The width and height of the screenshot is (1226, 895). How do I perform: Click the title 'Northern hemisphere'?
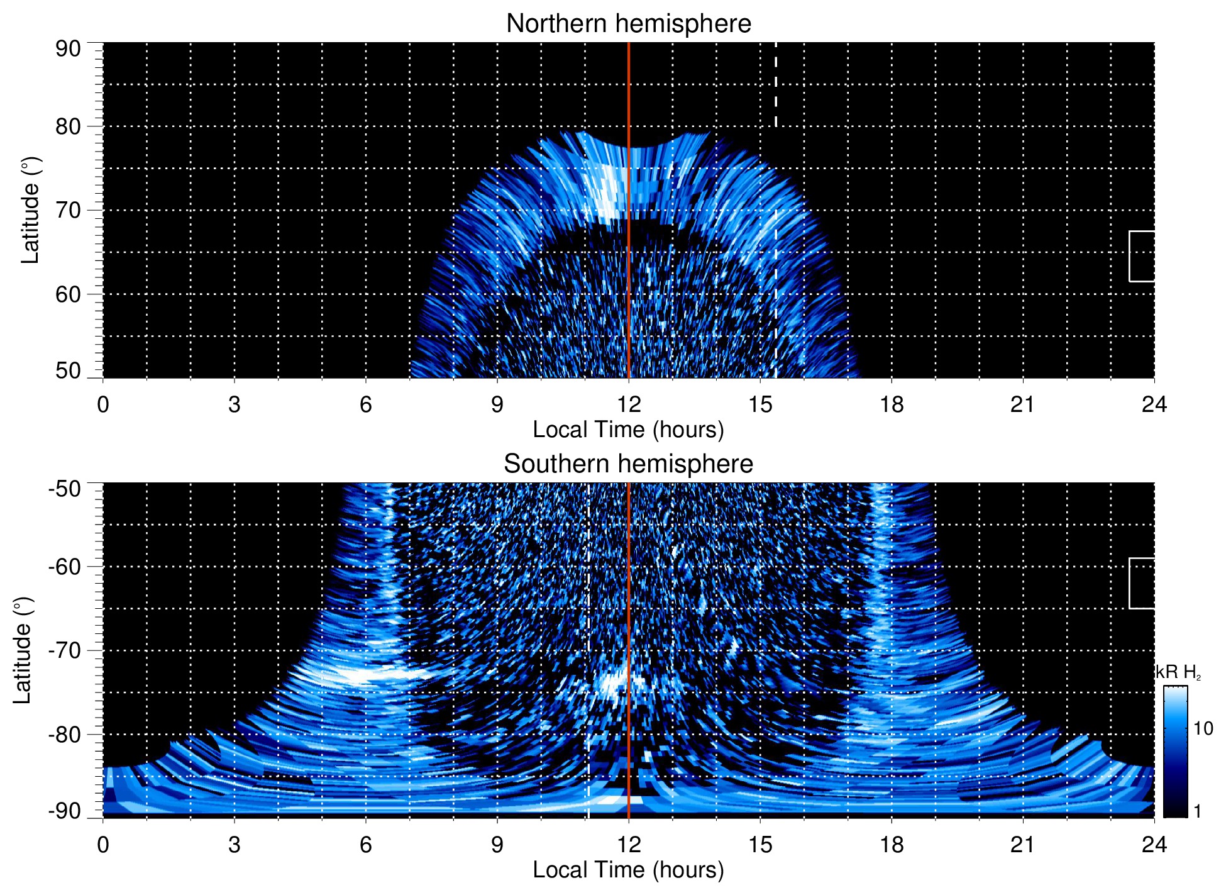(628, 24)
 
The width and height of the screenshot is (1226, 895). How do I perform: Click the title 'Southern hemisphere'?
(628, 464)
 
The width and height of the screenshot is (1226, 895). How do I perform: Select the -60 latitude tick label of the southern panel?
(65, 567)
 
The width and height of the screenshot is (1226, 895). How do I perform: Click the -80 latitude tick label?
(65, 735)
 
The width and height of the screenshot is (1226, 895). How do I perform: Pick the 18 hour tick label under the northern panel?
(892, 404)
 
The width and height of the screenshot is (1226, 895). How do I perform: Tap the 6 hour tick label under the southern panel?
(365, 845)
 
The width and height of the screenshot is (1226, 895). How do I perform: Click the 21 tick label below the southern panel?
(1023, 845)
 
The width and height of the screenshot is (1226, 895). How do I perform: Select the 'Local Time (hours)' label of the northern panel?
(628, 430)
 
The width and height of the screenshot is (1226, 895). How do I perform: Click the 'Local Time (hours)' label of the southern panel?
(628, 870)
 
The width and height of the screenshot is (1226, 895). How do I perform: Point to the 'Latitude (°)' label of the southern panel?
(23, 651)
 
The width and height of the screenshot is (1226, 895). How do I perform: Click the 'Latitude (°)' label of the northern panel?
(30, 211)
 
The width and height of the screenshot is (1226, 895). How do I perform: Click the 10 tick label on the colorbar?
(1203, 729)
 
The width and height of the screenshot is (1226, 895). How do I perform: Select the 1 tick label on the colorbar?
(1197, 811)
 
